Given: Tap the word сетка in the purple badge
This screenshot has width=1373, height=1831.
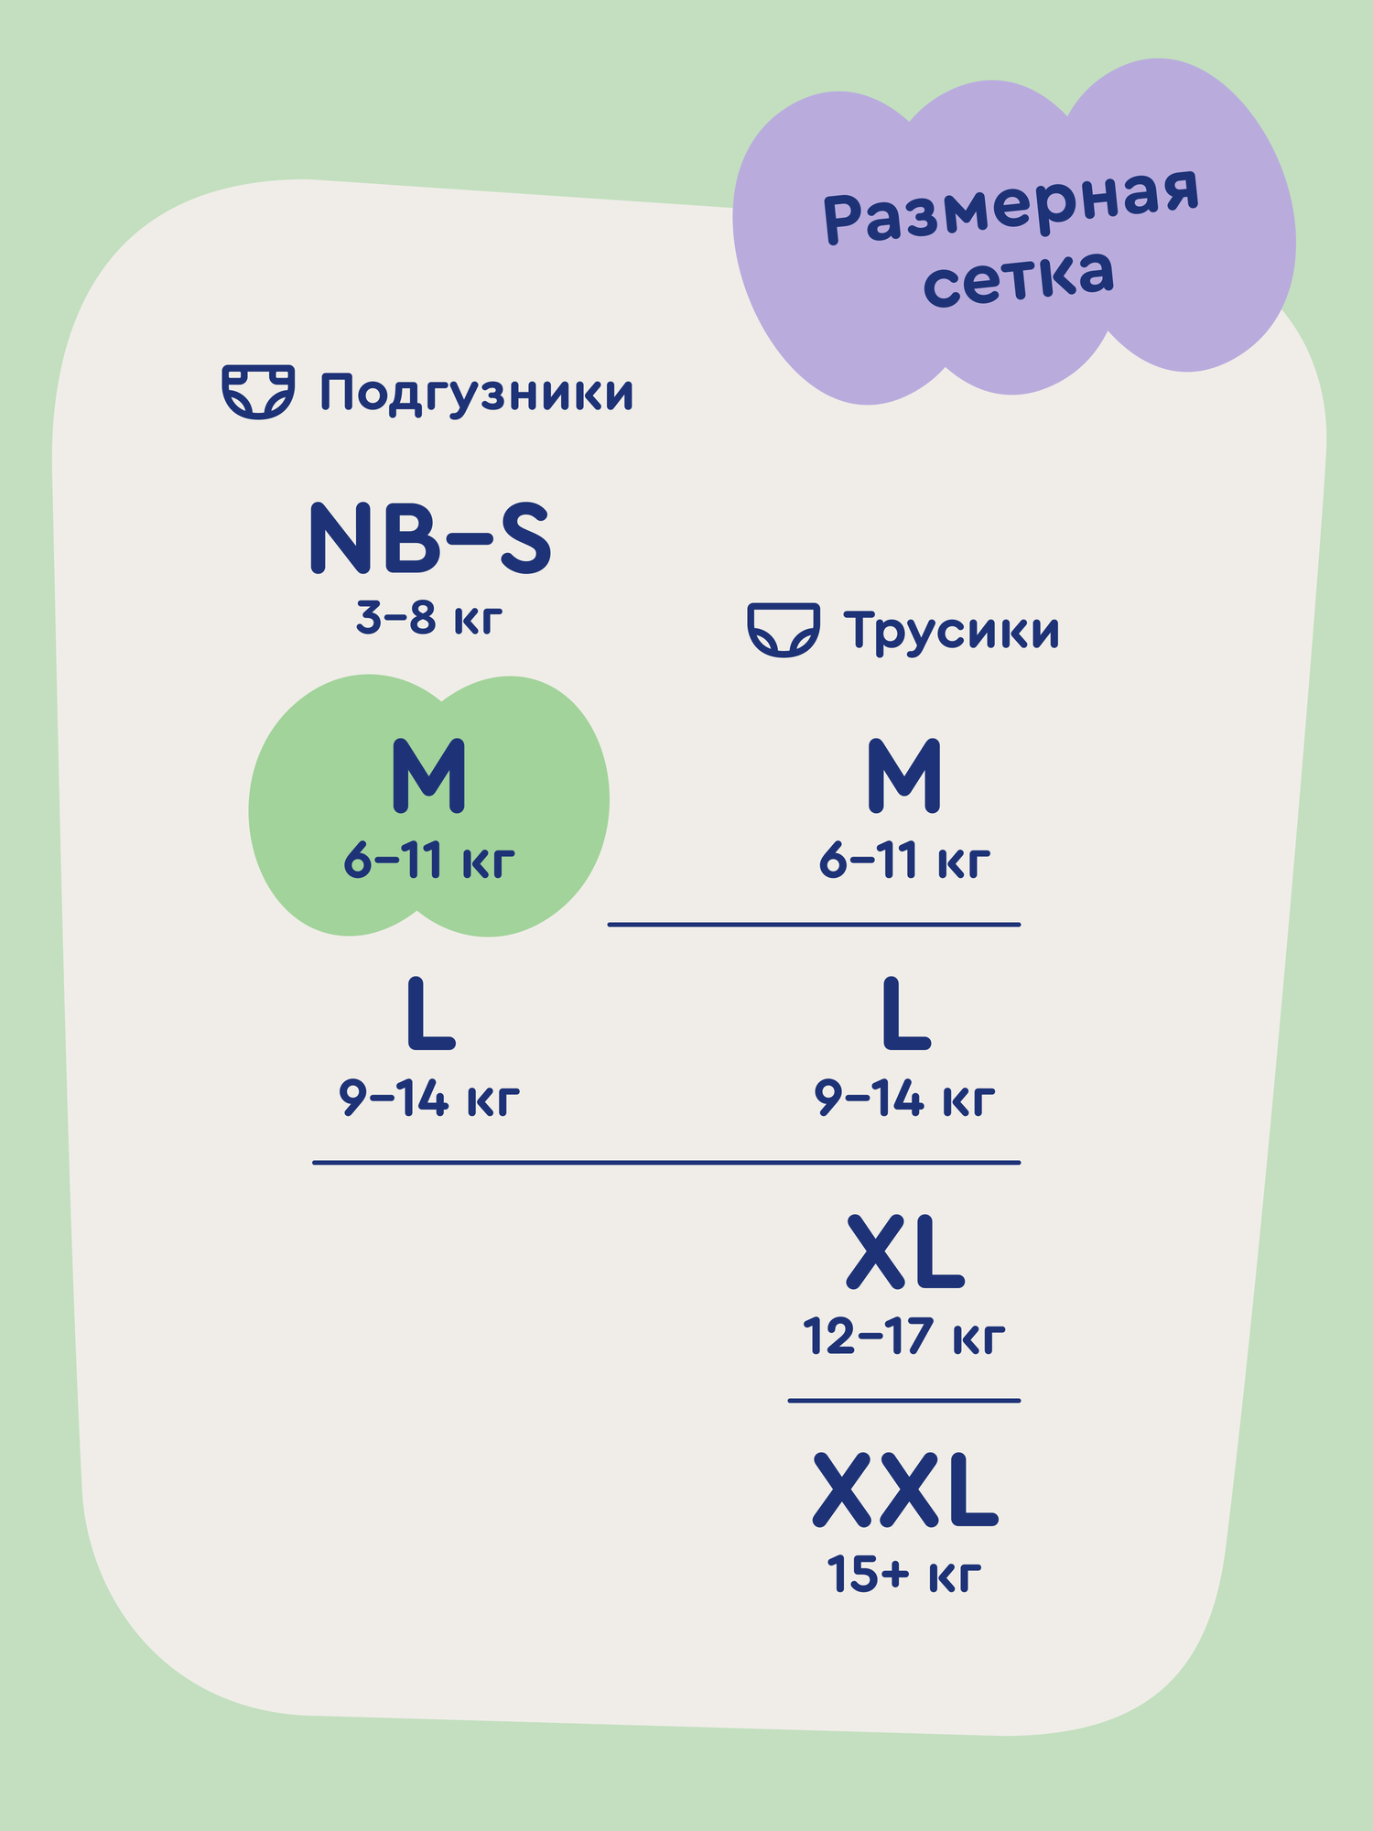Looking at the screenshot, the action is click(1018, 276).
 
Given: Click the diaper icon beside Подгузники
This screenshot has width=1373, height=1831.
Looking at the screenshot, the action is click(259, 392).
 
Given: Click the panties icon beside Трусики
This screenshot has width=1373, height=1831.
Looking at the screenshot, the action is click(784, 630).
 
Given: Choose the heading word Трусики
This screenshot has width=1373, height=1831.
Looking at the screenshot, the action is click(952, 631).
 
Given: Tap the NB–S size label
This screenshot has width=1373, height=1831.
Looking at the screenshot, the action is click(430, 538).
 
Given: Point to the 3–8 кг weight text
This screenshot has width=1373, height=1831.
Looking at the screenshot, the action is click(429, 619).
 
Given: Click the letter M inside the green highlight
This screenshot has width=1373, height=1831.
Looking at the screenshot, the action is click(429, 776).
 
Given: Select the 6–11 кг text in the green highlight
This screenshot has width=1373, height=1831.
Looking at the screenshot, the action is click(429, 861).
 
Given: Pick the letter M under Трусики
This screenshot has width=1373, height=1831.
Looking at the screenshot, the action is click(904, 776).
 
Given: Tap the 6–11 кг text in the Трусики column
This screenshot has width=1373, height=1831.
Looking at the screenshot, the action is click(904, 861).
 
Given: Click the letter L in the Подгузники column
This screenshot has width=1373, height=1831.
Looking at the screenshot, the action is click(430, 1014).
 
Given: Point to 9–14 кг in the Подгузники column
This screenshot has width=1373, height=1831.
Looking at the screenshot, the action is click(429, 1099).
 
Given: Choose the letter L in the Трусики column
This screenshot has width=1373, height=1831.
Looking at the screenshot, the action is click(906, 1014).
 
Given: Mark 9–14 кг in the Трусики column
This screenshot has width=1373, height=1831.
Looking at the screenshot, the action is click(904, 1099).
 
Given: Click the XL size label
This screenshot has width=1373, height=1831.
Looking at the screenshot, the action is click(905, 1252).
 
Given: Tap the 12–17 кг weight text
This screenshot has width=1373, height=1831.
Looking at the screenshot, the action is click(904, 1337).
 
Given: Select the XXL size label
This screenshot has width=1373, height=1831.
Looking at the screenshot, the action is click(905, 1490).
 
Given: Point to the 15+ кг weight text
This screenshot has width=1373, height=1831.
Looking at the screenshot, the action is click(904, 1575).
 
